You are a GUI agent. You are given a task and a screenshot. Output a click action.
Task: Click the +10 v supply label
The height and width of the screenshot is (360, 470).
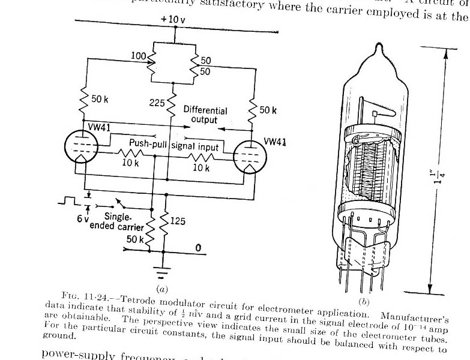pyautogui.click(x=175, y=19)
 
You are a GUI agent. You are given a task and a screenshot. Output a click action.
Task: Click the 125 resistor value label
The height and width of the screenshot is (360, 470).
pyautogui.click(x=178, y=221)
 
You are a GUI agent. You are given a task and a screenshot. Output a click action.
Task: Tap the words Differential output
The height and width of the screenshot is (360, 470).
pyautogui.click(x=205, y=115)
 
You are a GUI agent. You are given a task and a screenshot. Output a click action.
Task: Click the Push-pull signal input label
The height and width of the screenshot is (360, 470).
pyautogui.click(x=173, y=145)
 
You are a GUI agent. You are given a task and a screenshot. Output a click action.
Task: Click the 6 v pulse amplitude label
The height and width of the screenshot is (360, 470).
pyautogui.click(x=82, y=219)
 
